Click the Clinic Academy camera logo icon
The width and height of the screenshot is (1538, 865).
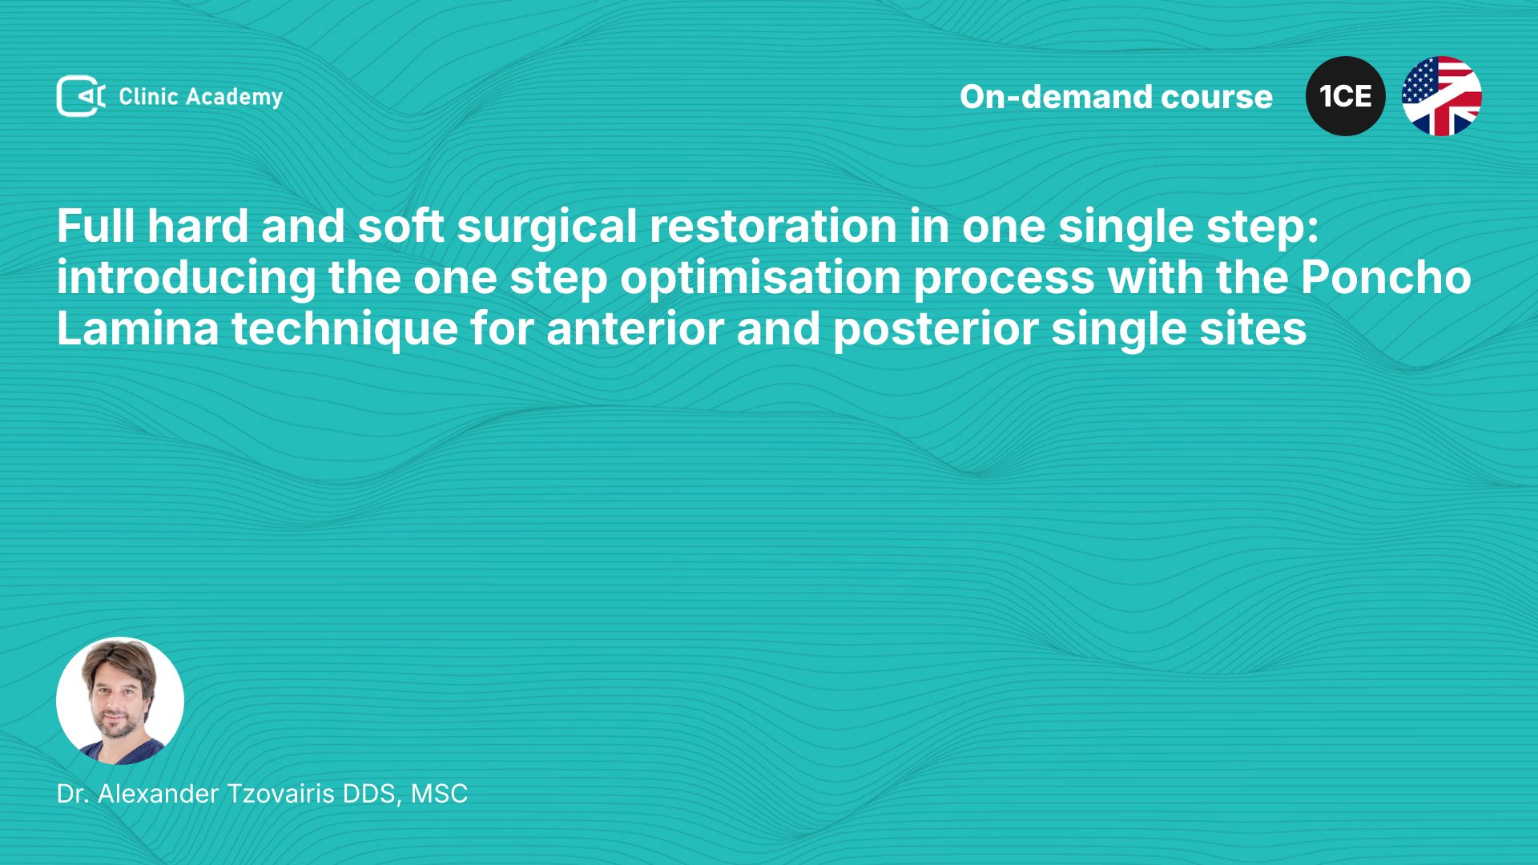coord(81,96)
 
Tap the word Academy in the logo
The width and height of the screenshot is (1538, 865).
coord(234,98)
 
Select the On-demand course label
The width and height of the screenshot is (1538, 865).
coord(1116,97)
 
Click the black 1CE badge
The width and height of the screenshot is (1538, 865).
coord(1346,96)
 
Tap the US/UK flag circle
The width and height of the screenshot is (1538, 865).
coord(1442,96)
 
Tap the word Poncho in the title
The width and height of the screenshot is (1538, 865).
coord(1386,277)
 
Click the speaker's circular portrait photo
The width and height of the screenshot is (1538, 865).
coord(120,701)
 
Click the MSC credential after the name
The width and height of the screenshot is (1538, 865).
coord(439,794)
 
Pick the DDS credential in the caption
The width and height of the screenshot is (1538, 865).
coord(372,795)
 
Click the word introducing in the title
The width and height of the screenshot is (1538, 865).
coord(187,279)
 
